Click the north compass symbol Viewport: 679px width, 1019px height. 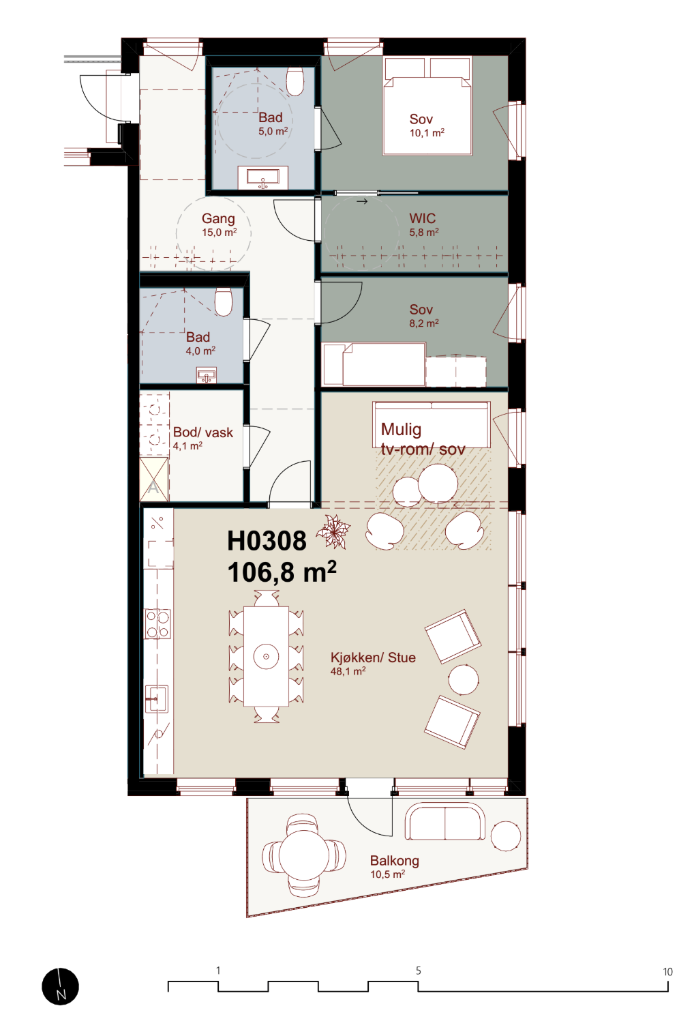[x=60, y=986]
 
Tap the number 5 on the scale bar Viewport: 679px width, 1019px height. [x=418, y=971]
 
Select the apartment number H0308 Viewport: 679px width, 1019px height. [x=267, y=541]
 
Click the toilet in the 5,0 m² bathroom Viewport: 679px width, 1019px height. [x=295, y=81]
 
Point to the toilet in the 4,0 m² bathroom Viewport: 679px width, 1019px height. [x=224, y=301]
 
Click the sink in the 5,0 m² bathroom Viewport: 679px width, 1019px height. [x=263, y=177]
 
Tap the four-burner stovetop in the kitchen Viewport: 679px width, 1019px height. [x=157, y=623]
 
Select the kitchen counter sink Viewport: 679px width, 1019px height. [x=156, y=698]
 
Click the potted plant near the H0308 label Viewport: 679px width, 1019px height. [x=333, y=531]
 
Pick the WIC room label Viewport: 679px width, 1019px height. [x=422, y=218]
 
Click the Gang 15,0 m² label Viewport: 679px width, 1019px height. [x=219, y=224]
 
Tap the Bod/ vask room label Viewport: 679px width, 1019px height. [x=203, y=432]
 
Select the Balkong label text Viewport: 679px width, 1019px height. [x=394, y=861]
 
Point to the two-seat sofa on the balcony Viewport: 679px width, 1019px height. [x=444, y=822]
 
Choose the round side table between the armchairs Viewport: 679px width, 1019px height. [x=463, y=679]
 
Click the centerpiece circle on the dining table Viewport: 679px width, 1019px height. [x=266, y=656]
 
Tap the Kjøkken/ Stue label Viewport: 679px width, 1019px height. [x=373, y=658]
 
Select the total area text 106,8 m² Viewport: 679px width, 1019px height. [x=282, y=572]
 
